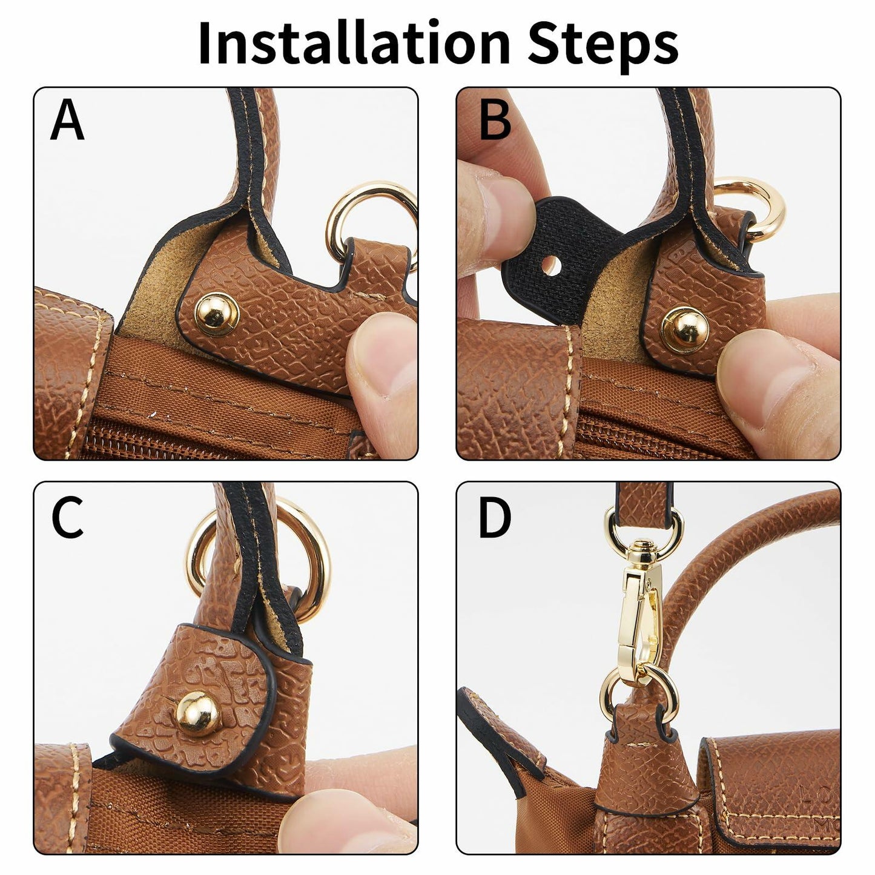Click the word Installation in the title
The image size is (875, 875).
(x=355, y=43)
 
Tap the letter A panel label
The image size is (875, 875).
(x=67, y=121)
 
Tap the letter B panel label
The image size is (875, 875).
(x=495, y=121)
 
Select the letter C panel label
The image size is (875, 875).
(x=67, y=517)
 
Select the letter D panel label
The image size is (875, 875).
(x=495, y=517)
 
